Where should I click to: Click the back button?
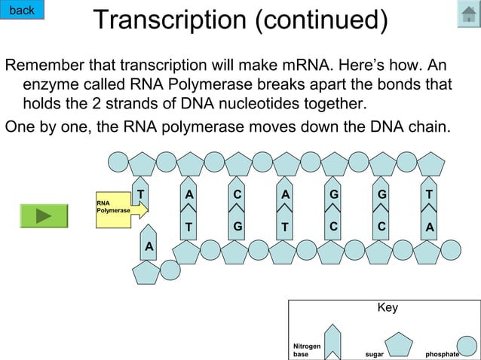[22, 10]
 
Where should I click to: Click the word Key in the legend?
[388, 308]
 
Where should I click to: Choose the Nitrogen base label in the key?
[306, 349]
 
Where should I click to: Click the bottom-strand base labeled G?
[237, 225]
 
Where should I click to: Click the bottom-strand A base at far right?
[429, 225]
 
